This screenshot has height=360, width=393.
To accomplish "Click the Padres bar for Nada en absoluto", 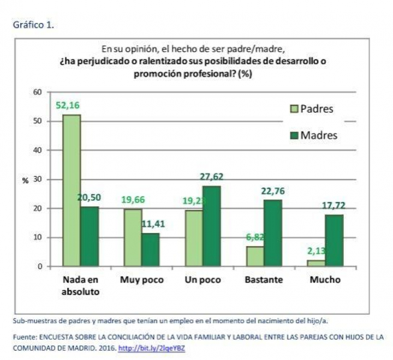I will [72, 190].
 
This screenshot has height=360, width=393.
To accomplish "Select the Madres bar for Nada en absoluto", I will [89, 236].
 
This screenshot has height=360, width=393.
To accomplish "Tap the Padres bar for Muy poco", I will [133, 237].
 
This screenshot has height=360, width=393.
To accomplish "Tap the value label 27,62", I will [212, 177].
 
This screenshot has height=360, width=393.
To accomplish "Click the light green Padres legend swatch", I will [294, 109].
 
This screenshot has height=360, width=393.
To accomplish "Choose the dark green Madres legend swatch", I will [294, 135].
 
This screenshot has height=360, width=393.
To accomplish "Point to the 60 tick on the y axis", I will [38, 92].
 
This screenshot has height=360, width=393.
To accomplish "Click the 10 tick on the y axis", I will [38, 237].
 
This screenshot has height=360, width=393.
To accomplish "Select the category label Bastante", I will [265, 280].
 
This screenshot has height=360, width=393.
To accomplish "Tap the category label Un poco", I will [202, 280].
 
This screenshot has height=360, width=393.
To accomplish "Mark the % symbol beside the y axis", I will [25, 180].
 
